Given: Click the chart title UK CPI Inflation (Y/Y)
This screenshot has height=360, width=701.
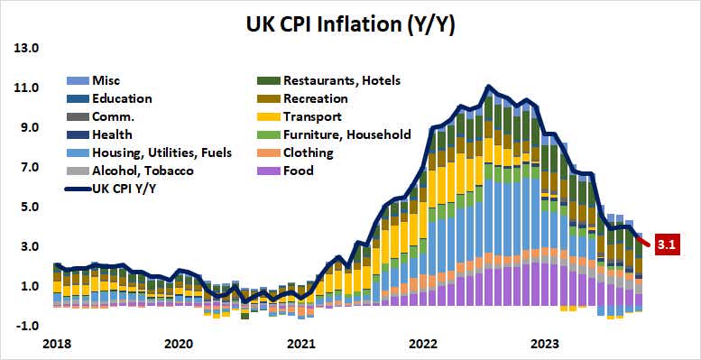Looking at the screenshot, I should point(350,24).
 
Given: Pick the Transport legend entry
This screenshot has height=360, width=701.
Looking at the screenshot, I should point(313,116).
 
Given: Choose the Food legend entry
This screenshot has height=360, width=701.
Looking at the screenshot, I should point(298,171).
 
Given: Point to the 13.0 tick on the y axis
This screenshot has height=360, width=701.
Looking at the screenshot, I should point(25,48).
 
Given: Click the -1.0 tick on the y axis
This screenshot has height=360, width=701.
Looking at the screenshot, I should point(25,326).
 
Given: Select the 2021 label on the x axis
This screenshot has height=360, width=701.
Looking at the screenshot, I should point(300,344).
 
